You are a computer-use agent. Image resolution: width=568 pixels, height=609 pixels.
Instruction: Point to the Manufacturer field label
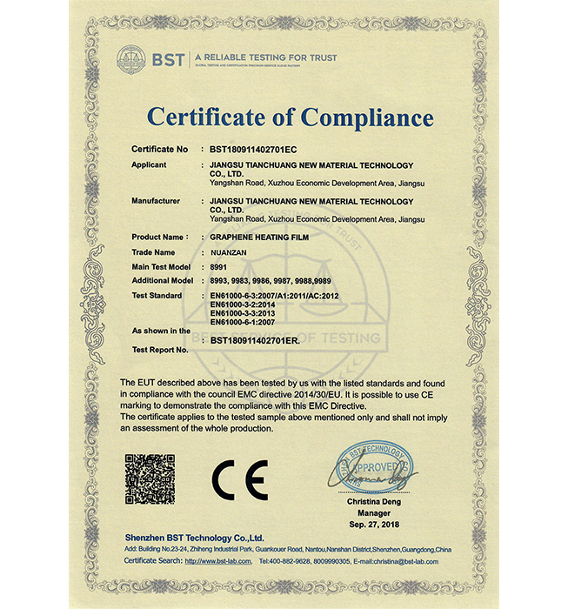(156, 201)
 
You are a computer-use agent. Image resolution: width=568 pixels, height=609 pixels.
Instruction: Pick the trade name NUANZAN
(232, 251)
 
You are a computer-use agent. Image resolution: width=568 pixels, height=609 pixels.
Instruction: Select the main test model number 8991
(219, 266)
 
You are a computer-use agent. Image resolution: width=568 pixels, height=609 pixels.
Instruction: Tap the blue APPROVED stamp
(373, 467)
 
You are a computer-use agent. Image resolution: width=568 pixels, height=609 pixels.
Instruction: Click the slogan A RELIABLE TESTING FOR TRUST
(266, 57)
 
